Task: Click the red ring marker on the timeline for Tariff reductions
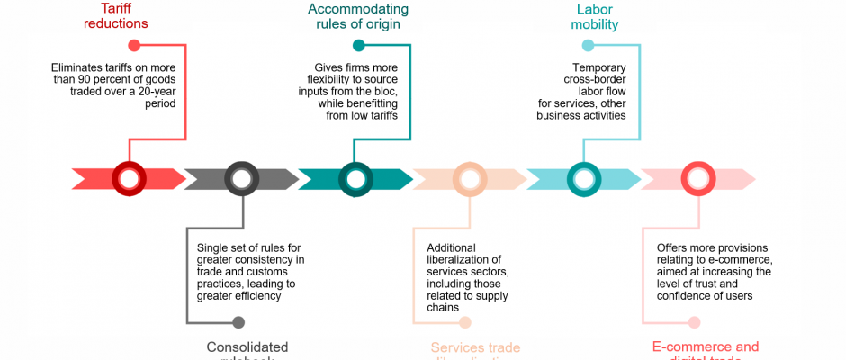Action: pyautogui.click(x=129, y=178)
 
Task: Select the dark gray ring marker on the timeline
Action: pyautogui.click(x=241, y=178)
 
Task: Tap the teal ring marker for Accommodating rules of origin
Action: pyautogui.click(x=355, y=178)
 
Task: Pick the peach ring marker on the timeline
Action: pyautogui.click(x=469, y=178)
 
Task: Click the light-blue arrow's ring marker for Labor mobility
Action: pyautogui.click(x=583, y=178)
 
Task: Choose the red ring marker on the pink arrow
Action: pyautogui.click(x=697, y=178)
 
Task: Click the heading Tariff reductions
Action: pyautogui.click(x=115, y=16)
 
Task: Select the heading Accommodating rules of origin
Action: pyautogui.click(x=357, y=16)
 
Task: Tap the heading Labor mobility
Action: pyautogui.click(x=595, y=16)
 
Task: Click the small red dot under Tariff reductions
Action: pyautogui.click(x=134, y=45)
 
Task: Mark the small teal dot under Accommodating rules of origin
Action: pyautogui.click(x=359, y=45)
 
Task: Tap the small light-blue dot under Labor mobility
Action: pyautogui.click(x=588, y=45)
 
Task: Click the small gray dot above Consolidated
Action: pyautogui.click(x=238, y=321)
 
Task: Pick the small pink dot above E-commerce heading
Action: pyautogui.click(x=694, y=321)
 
